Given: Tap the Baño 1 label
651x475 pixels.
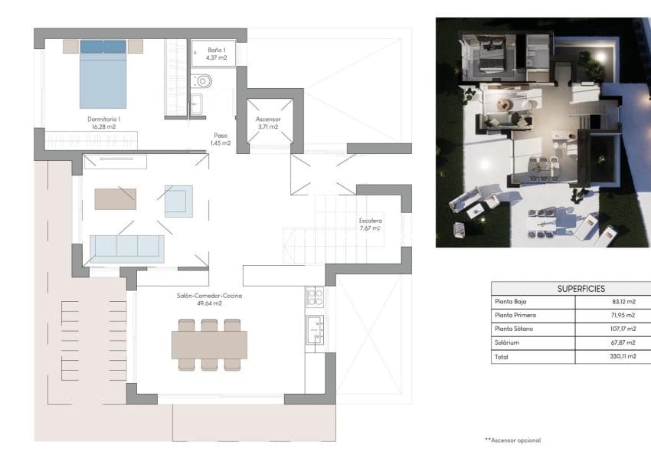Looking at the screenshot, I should tap(217, 54).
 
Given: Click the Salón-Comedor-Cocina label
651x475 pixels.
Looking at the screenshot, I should tap(209, 298).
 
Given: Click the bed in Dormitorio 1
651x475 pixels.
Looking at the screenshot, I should tap(103, 74).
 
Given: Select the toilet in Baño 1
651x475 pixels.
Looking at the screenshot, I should tap(203, 80).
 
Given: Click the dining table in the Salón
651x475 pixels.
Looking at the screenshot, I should tap(209, 345).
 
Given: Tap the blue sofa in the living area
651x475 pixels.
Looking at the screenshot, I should tap(127, 247).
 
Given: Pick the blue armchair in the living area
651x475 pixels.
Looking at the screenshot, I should tap(178, 200).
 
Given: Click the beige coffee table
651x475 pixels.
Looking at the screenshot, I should tap(115, 198).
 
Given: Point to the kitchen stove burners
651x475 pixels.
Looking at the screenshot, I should tap(315, 296).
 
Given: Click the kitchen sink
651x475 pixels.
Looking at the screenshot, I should tap(315, 330).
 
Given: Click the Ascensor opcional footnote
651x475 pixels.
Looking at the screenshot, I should tap(512, 441).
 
